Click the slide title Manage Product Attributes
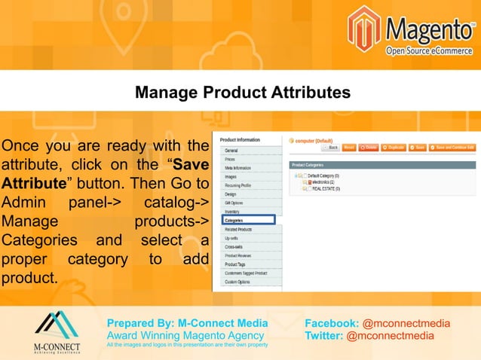242,93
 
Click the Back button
329,148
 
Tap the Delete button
368,148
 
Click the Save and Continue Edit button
454,148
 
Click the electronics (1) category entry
323,182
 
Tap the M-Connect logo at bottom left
57,331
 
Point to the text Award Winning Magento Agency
185,335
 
